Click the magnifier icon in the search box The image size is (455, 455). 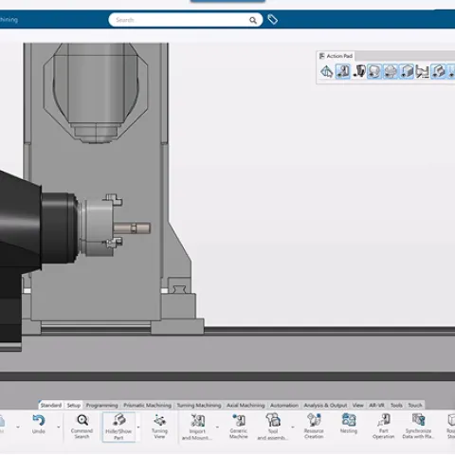click(x=253, y=19)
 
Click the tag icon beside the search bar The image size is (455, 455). click(x=273, y=19)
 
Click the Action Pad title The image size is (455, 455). click(x=338, y=56)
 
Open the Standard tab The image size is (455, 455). click(x=51, y=405)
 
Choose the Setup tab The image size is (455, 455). click(x=74, y=405)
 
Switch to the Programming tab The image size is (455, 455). click(x=101, y=405)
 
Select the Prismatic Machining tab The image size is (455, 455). click(x=146, y=405)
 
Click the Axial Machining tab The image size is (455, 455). click(x=246, y=405)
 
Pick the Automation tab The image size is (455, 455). click(x=284, y=405)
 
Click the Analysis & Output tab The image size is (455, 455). click(x=325, y=405)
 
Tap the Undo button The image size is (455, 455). click(x=39, y=424)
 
